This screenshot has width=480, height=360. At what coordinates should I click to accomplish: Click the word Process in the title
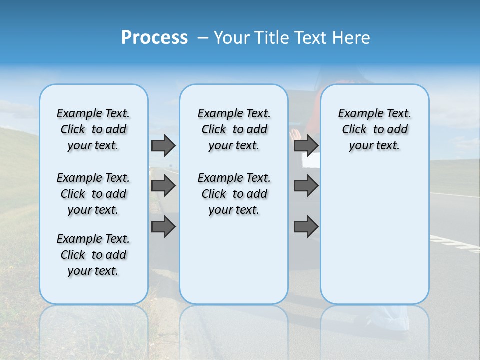[x=154, y=38]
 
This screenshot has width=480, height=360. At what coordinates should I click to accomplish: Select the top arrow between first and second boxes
[x=163, y=145]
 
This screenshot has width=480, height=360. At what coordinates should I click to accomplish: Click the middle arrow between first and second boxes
[x=163, y=186]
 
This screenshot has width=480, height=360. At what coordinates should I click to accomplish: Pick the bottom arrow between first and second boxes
[x=163, y=227]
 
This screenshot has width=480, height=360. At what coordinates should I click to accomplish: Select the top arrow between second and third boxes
[x=306, y=145]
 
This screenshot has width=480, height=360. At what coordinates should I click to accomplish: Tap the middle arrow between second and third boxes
[x=306, y=186]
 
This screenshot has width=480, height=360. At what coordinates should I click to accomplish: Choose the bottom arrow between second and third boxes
[x=306, y=227]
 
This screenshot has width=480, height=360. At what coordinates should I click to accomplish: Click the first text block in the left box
[x=93, y=129]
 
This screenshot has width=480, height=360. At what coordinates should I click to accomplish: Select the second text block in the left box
[x=93, y=194]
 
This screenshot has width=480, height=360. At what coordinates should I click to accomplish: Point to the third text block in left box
[x=93, y=255]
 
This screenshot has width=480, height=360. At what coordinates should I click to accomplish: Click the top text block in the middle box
[x=234, y=129]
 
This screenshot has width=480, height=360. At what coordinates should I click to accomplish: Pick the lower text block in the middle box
[x=234, y=194]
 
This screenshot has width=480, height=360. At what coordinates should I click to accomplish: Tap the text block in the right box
[x=374, y=129]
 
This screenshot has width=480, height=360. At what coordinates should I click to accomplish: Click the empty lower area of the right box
[x=374, y=235]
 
